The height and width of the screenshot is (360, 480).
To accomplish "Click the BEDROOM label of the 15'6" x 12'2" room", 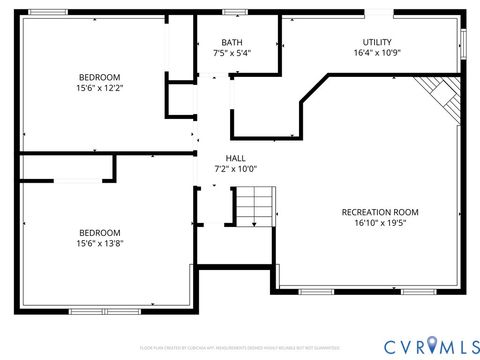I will [x=100, y=77].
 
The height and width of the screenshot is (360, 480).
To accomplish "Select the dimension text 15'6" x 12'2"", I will [x=100, y=88].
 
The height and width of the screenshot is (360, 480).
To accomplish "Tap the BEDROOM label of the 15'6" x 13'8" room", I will [x=100, y=232].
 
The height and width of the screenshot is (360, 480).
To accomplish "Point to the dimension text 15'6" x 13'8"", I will [x=100, y=243].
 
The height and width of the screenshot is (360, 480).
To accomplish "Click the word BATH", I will [x=232, y=42].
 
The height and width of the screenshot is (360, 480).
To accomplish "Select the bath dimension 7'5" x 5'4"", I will [x=232, y=53].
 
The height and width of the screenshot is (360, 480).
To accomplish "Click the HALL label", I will [x=236, y=158].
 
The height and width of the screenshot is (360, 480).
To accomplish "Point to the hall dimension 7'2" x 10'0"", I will [x=236, y=169].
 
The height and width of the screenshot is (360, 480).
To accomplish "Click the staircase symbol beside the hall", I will [x=254, y=209].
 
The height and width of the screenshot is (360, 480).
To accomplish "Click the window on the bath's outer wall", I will [x=236, y=12].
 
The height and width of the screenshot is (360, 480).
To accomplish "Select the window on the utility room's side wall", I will [x=463, y=43].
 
